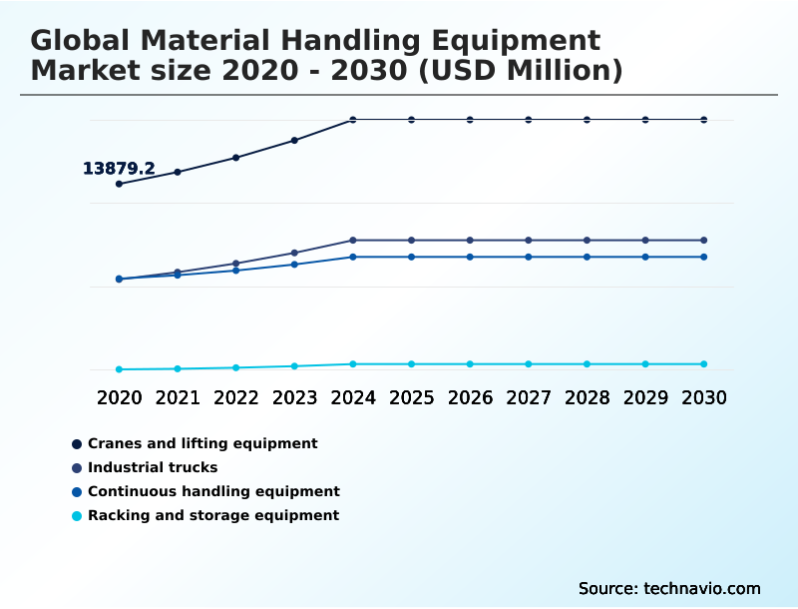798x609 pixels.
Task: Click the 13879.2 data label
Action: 119,169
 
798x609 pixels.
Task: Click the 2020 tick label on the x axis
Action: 119,397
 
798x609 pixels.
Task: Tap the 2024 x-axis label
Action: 353,397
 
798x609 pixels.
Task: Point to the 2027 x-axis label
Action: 529,397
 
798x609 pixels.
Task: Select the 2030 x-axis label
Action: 704,397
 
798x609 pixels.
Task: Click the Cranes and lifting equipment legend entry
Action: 202,443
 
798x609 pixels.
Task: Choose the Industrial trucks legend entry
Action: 153,467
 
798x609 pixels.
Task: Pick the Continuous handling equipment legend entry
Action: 213,491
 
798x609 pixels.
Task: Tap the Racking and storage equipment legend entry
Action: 213,515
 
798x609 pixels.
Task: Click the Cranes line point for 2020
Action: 119,184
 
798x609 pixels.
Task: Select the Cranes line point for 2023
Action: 294,140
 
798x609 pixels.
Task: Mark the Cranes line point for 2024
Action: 353,120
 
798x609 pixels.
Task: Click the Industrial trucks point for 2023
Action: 294,253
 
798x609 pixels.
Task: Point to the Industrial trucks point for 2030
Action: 704,240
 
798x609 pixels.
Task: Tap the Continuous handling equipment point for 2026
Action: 470,257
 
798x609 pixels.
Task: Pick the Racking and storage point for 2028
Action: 587,363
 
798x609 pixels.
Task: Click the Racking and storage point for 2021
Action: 178,368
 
